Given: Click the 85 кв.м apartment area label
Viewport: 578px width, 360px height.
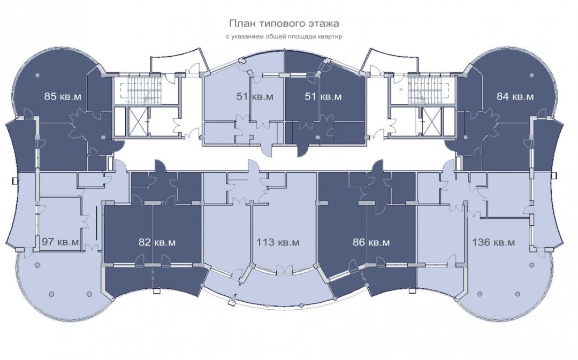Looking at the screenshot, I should tap(63, 97).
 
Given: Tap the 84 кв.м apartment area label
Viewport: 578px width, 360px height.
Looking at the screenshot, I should tap(515, 97).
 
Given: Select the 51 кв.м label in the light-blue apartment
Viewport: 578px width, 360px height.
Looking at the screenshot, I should tap(255, 97).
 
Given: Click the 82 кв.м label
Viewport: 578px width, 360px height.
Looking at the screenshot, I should tap(157, 242).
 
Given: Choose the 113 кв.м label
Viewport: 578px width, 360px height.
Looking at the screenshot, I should tap(278, 242).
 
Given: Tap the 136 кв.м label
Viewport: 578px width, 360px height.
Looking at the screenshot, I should tap(493, 242).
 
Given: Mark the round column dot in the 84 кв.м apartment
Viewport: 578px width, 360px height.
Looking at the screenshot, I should tap(531, 74).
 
